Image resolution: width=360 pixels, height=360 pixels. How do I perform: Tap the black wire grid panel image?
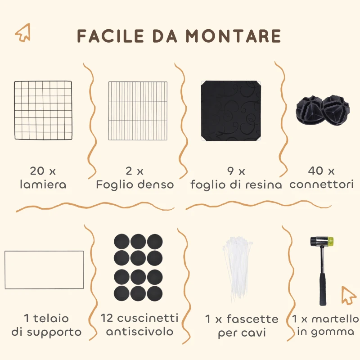tap(43, 110)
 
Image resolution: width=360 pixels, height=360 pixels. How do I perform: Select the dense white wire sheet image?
tap(138, 111)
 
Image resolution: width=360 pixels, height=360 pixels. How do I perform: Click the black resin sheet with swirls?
tap(231, 111)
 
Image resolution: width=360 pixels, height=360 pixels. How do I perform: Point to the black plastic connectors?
tap(322, 111)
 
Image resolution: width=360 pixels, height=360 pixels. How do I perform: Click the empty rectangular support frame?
tap(44, 270)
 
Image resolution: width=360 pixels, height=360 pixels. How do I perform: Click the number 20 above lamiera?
tap(36, 171)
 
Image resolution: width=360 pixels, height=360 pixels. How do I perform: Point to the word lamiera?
tap(43, 184)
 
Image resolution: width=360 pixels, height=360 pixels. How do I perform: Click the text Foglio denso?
tap(135, 184)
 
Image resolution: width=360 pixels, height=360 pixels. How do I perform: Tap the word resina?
tap(263, 184)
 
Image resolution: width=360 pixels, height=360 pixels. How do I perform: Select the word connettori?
tap(322, 184)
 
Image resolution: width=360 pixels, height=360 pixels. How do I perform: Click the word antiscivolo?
tap(139, 332)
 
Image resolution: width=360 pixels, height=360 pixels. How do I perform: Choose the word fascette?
tap(252, 319)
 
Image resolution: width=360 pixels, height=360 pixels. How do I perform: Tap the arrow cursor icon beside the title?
tap(22, 32)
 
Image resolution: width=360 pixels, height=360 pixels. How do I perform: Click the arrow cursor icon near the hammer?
tap(348, 295)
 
